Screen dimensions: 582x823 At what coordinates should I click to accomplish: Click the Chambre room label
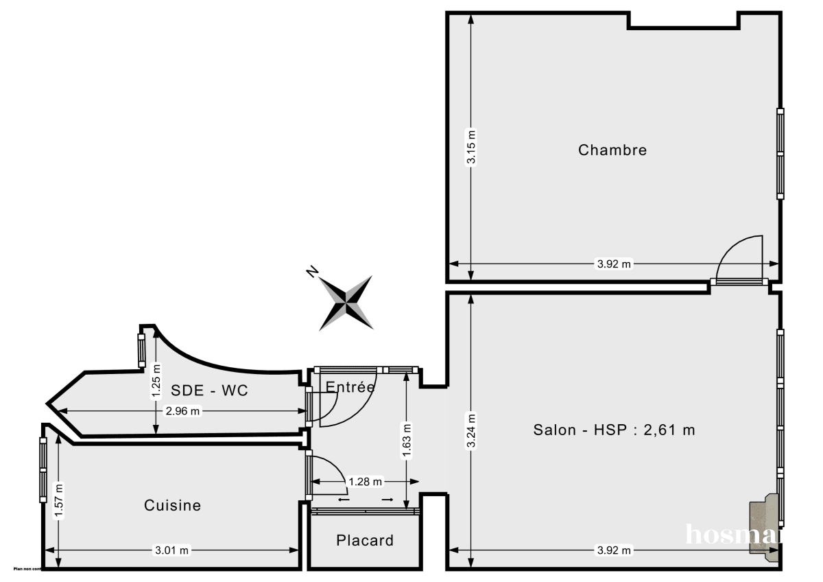click(x=612, y=150)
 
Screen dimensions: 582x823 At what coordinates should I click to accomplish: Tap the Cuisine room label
click(x=173, y=505)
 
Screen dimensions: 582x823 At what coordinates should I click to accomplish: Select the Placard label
click(x=365, y=540)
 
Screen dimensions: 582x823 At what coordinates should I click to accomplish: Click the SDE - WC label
click(x=209, y=391)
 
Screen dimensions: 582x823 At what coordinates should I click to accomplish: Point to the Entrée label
click(x=350, y=387)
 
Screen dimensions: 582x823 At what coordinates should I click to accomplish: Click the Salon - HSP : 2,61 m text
click(x=614, y=430)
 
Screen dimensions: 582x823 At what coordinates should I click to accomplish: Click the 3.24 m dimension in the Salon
click(x=471, y=430)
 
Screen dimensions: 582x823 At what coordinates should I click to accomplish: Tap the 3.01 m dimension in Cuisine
click(x=172, y=550)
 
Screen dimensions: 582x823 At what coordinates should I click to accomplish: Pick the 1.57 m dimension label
click(x=59, y=501)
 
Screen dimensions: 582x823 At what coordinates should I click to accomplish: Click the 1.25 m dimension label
click(x=156, y=382)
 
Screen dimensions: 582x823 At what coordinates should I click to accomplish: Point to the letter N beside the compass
click(x=312, y=272)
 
